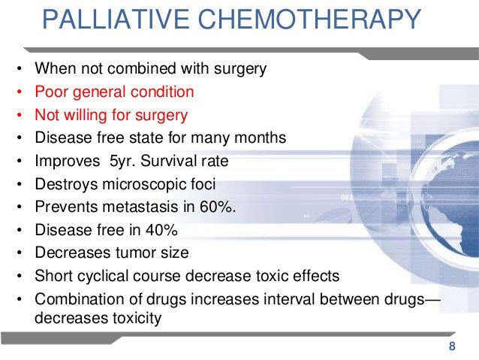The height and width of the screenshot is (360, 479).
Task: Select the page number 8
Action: point(451,346)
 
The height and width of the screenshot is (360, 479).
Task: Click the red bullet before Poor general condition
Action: point(18,93)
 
